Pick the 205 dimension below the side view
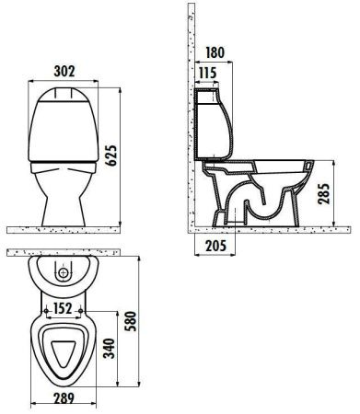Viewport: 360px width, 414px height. pos(215,245)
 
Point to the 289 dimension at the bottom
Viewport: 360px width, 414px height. pos(63,399)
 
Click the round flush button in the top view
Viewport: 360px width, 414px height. pos(64,273)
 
